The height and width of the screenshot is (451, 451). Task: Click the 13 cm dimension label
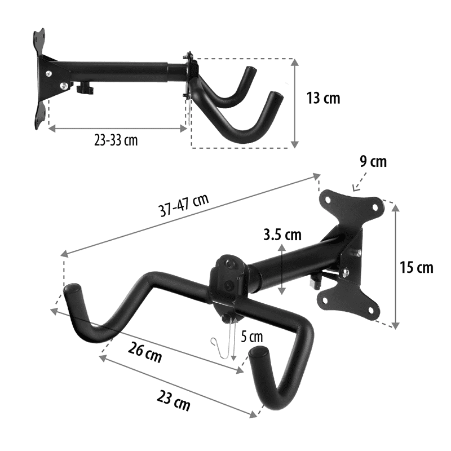(x=323, y=98)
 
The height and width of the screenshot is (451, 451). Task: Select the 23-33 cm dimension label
(x=116, y=140)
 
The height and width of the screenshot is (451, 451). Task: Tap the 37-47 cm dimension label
(x=184, y=205)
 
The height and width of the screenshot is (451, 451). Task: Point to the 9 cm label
(x=373, y=161)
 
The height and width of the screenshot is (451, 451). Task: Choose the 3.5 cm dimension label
(x=282, y=235)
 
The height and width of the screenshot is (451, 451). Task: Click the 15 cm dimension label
(x=417, y=267)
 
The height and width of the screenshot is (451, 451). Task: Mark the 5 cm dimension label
(x=251, y=337)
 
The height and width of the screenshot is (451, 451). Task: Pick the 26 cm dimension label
(x=145, y=352)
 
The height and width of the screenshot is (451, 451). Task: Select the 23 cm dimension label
(x=174, y=400)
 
